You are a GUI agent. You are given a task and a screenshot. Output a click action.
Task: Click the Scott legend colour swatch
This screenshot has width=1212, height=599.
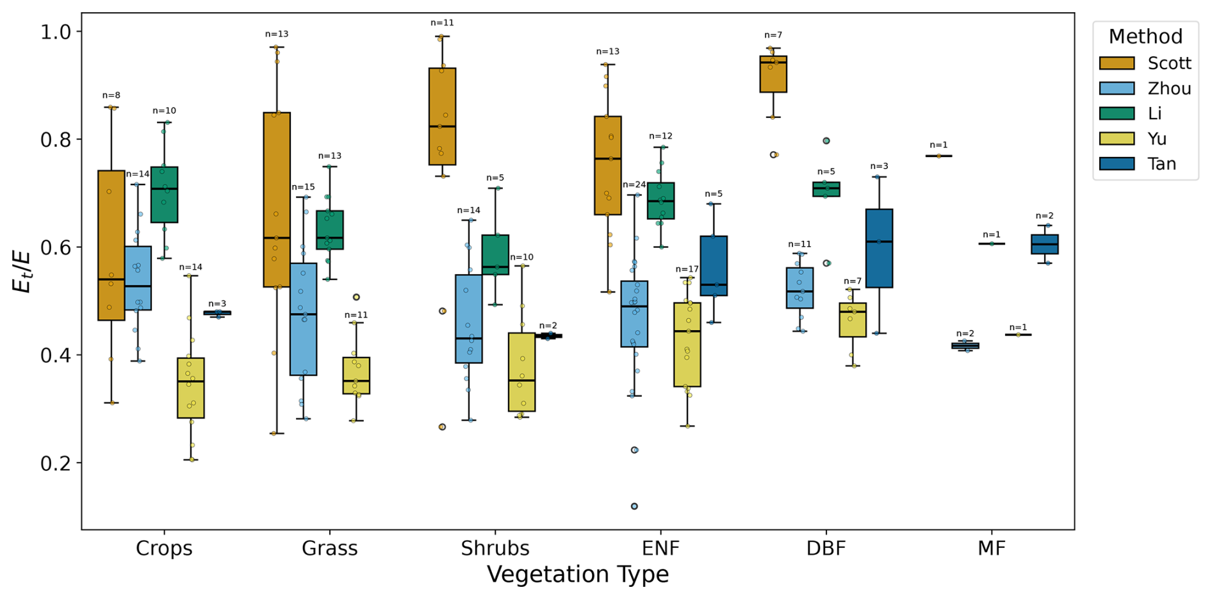(x=1117, y=63)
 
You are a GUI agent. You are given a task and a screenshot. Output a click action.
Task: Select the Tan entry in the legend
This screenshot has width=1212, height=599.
(x=1161, y=164)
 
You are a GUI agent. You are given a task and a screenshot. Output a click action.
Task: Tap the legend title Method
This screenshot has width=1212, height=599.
(x=1145, y=37)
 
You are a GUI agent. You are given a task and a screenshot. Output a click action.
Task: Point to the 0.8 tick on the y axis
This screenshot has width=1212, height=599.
(x=58, y=140)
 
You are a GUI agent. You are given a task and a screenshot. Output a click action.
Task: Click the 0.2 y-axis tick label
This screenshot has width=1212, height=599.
(x=58, y=463)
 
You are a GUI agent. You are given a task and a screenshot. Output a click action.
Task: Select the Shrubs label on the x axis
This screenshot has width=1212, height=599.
(x=495, y=548)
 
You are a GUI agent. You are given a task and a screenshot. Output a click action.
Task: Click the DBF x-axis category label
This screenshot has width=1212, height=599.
(x=826, y=548)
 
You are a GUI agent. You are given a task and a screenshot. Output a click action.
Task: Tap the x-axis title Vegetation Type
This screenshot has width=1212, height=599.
(x=578, y=575)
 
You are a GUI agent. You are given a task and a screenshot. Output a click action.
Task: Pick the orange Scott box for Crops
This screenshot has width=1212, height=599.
(x=111, y=245)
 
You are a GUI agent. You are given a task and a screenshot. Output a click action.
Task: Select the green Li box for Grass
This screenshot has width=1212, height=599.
(x=330, y=229)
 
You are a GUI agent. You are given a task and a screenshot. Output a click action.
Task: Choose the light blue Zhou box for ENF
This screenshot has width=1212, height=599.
(x=634, y=314)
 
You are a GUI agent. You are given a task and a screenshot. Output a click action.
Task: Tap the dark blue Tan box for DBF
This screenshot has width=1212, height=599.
(x=879, y=248)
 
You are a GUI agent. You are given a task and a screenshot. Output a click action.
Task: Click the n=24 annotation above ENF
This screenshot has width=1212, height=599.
(x=634, y=185)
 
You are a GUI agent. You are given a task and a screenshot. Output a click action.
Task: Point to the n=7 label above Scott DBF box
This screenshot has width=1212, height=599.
(x=773, y=35)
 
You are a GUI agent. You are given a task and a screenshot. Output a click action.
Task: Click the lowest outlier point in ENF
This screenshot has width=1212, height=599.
(x=634, y=506)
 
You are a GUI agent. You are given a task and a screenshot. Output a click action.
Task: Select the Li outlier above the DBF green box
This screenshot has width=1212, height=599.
(x=826, y=141)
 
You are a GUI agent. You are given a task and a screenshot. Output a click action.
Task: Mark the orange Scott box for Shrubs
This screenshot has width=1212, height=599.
(x=442, y=117)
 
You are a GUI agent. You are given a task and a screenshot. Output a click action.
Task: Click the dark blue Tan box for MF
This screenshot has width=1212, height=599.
(x=1045, y=244)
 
